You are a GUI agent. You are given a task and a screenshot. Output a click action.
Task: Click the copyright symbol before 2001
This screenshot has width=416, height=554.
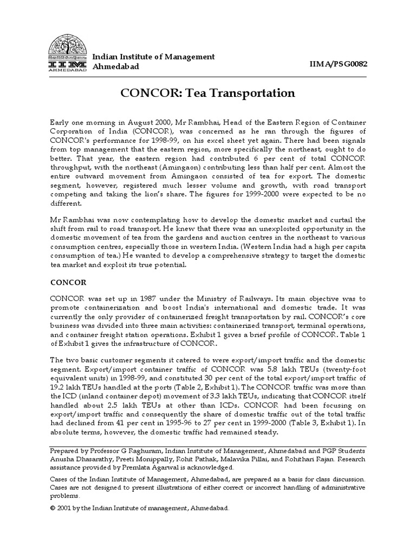tap(53, 509)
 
